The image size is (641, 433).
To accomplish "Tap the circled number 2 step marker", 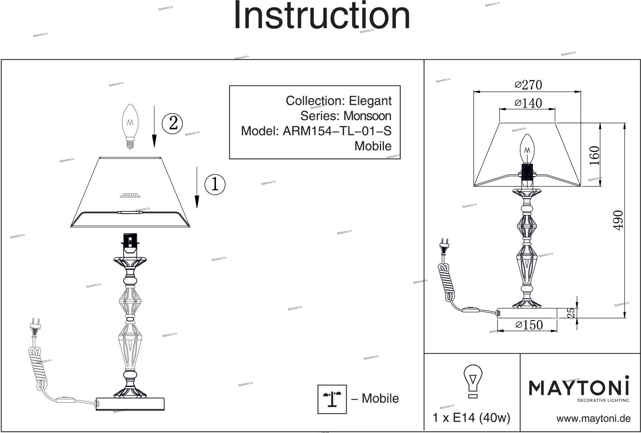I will point(172,123).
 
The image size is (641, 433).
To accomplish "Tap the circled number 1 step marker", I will point(215,184).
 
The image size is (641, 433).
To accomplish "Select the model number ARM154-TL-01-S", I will point(337,131).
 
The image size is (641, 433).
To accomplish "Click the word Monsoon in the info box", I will point(367,116).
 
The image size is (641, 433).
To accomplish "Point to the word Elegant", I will point(370,101).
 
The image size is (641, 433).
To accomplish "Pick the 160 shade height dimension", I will point(594,155).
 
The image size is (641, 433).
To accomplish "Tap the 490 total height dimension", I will point(618,220).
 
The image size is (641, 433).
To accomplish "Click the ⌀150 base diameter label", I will point(529,325).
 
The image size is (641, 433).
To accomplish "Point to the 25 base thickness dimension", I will point(571,313).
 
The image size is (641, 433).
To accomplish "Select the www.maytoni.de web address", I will point(593,419).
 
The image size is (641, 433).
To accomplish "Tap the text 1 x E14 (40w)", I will point(471,418).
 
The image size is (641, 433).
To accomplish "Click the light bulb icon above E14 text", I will point(473,381).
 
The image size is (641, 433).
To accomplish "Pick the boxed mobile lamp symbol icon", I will point(332,399).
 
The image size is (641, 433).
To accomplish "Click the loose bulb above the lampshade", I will point(130,126).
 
